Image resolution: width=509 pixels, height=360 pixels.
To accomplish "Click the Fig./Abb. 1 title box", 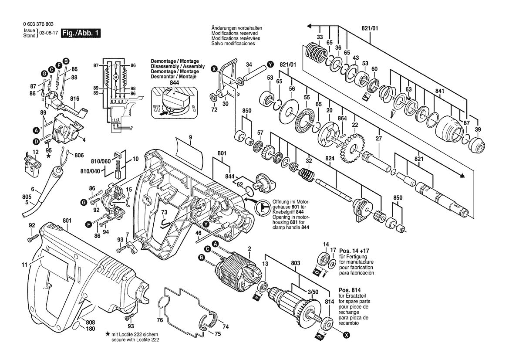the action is (x=81, y=33).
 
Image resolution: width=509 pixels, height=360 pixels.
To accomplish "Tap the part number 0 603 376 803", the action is (x=38, y=24).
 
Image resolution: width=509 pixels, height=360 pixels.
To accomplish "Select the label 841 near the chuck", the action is (x=439, y=91).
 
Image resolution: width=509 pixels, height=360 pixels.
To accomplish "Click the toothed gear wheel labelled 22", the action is (x=351, y=148).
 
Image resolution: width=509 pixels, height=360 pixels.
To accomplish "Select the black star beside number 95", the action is (x=49, y=156).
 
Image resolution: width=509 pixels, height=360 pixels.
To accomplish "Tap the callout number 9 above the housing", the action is (x=190, y=137).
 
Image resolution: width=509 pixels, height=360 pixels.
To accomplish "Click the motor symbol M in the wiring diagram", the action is (x=115, y=77).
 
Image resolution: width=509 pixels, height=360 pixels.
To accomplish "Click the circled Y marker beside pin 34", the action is (x=270, y=65).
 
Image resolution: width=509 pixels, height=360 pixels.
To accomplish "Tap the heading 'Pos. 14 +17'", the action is (x=354, y=251).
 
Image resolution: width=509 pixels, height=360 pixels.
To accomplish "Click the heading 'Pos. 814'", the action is (x=350, y=290).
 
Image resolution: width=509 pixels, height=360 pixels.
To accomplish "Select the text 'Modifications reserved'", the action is (x=234, y=33).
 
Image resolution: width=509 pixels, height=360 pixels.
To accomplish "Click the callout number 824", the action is (x=330, y=159).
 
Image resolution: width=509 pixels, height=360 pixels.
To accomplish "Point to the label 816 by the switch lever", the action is (x=74, y=99).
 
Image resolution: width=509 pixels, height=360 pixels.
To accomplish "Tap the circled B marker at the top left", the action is (x=66, y=61).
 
